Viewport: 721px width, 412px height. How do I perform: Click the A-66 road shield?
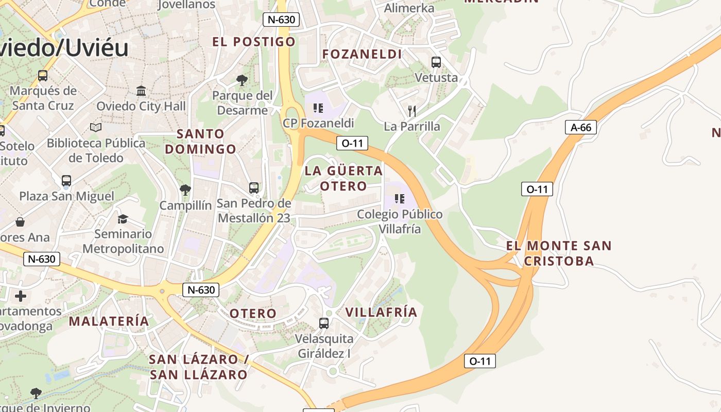pyautogui.click(x=580, y=127)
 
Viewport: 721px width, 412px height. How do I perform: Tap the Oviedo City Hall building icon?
pyautogui.click(x=141, y=91)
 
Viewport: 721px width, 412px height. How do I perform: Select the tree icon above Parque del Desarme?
pyautogui.click(x=242, y=80)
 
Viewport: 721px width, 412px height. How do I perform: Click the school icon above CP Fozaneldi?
pyautogui.click(x=318, y=108)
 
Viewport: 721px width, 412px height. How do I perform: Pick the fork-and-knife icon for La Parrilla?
pyautogui.click(x=411, y=111)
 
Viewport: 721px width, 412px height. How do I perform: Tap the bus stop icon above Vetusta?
pyautogui.click(x=436, y=62)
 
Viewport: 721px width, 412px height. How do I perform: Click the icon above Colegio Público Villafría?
pyautogui.click(x=399, y=198)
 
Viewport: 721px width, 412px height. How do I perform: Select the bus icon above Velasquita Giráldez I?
pyautogui.click(x=324, y=323)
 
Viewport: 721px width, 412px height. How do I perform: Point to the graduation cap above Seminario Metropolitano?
pyautogui.click(x=123, y=219)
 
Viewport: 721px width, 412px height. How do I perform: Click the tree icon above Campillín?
pyautogui.click(x=185, y=190)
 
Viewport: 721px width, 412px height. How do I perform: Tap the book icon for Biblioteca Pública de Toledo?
pyautogui.click(x=96, y=127)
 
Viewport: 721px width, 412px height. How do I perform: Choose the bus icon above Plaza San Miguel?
pyautogui.click(x=66, y=181)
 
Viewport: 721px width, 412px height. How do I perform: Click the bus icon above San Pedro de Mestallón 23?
pyautogui.click(x=254, y=188)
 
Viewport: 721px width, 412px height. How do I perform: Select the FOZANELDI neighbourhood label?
pyautogui.click(x=362, y=54)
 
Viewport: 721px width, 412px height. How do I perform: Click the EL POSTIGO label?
pyautogui.click(x=254, y=42)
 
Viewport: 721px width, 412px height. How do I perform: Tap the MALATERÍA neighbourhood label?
pyautogui.click(x=109, y=321)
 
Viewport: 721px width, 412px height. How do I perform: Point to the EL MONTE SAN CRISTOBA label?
pyautogui.click(x=559, y=253)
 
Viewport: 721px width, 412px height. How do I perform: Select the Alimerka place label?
pyautogui.click(x=409, y=8)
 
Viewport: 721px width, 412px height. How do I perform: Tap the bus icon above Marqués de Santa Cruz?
pyautogui.click(x=43, y=76)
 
